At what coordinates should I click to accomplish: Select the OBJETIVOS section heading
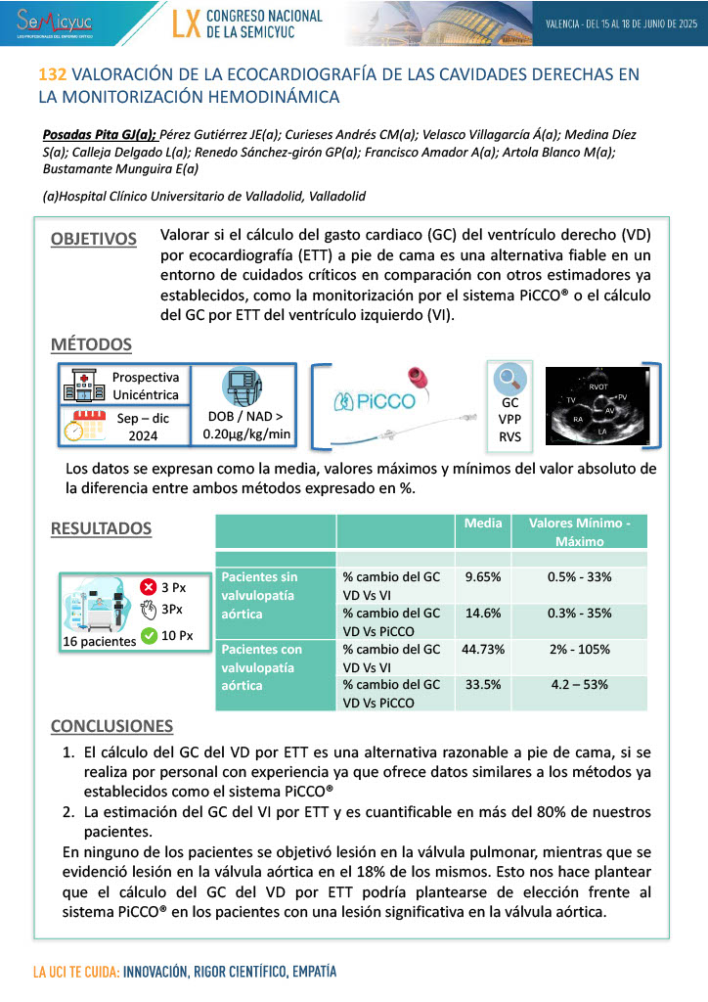click(x=94, y=239)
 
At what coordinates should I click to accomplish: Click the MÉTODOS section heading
click(x=91, y=344)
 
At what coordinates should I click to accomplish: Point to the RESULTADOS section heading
click(x=101, y=528)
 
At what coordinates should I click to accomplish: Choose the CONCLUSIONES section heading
click(x=111, y=726)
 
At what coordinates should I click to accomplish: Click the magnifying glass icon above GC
click(x=509, y=379)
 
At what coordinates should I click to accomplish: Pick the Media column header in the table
click(x=483, y=524)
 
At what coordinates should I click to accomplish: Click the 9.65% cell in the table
click(x=483, y=577)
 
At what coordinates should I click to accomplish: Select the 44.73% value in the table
click(x=483, y=650)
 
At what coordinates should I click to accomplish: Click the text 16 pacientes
click(x=99, y=642)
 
